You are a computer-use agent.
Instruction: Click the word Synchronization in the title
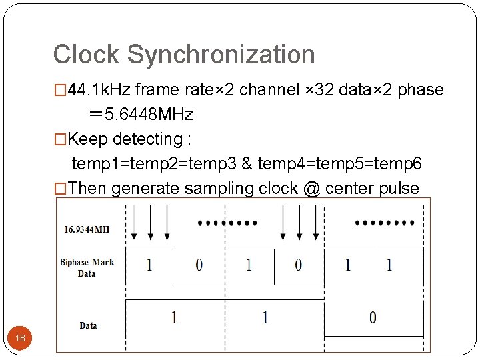click(x=221, y=55)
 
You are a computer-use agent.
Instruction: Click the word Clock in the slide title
click(x=87, y=55)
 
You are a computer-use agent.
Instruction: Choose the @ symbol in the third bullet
click(x=311, y=189)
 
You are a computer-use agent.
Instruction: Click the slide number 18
click(x=20, y=338)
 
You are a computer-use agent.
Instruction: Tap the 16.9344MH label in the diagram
click(x=87, y=230)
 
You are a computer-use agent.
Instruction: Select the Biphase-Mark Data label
click(x=87, y=268)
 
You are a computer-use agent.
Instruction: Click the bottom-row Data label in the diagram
click(x=88, y=325)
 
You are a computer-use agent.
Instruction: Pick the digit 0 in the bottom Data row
click(x=372, y=317)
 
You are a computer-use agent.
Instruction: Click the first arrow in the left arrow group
click(x=135, y=221)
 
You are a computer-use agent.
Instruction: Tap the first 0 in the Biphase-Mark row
click(x=199, y=265)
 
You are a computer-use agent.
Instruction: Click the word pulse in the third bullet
click(x=398, y=189)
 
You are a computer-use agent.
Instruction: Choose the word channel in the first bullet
click(x=266, y=90)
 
